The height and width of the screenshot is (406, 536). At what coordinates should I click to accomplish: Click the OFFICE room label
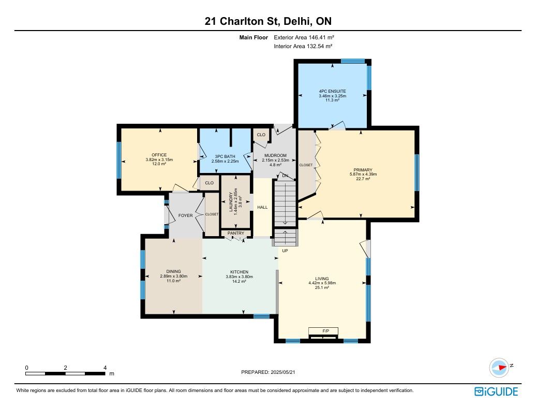[x=159, y=155]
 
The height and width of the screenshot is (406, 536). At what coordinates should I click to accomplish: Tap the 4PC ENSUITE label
[x=332, y=91]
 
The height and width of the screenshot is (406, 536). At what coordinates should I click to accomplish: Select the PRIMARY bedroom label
[x=363, y=170]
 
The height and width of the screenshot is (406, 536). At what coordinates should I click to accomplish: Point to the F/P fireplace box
[x=323, y=331]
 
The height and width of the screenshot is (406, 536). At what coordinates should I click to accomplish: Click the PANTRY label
[x=236, y=233]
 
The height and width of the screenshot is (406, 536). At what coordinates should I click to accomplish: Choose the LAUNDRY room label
[x=231, y=201]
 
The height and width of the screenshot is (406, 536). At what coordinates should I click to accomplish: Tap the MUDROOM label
[x=276, y=155]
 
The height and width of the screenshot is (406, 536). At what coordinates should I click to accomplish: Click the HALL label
[x=262, y=207]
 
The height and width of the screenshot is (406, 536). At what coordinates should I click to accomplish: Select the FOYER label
[x=186, y=215]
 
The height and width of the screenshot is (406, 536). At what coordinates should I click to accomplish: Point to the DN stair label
[x=285, y=176]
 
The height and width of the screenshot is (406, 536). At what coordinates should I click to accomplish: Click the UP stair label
[x=285, y=251]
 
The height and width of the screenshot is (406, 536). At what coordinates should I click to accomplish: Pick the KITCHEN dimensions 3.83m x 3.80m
[x=239, y=277]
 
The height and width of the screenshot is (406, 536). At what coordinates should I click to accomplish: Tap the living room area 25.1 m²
[x=322, y=287]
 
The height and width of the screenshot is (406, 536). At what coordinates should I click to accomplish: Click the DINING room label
[x=174, y=271]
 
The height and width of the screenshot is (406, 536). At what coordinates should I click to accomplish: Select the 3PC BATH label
[x=225, y=157]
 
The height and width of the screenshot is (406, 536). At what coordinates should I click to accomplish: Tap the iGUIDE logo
[x=496, y=392]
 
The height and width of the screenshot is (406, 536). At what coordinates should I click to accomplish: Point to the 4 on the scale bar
[x=105, y=368]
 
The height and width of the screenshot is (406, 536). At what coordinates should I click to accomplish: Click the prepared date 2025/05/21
[x=282, y=372]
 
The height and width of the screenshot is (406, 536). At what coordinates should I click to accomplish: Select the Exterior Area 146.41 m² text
[x=304, y=37]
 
